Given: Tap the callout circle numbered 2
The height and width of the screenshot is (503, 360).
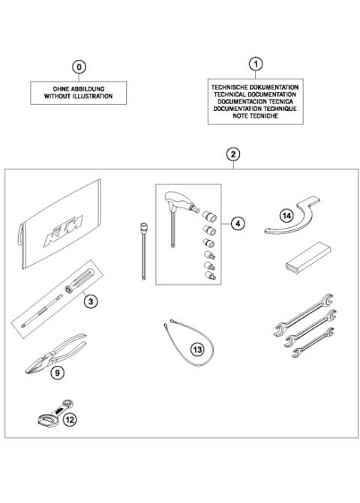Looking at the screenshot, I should pyautogui.click(x=233, y=154).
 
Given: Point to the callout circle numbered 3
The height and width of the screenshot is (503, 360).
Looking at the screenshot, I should pyautogui.click(x=90, y=301).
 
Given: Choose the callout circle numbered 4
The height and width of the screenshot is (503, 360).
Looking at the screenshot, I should pyautogui.click(x=238, y=223).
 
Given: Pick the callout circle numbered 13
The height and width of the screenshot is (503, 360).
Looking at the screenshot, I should pyautogui.click(x=197, y=349).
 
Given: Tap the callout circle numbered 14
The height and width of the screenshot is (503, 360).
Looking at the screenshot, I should pyautogui.click(x=286, y=216).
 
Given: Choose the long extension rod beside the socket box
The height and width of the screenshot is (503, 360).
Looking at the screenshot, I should pyautogui.click(x=140, y=248).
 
